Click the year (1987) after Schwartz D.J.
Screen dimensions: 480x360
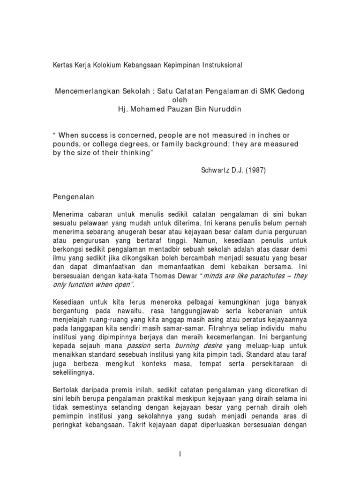coord(255,171)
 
